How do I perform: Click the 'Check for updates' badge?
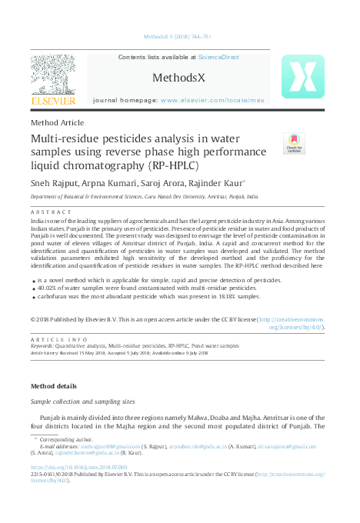pos(294,144)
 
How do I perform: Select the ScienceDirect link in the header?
pos(218,58)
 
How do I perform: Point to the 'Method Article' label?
pos(57,122)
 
